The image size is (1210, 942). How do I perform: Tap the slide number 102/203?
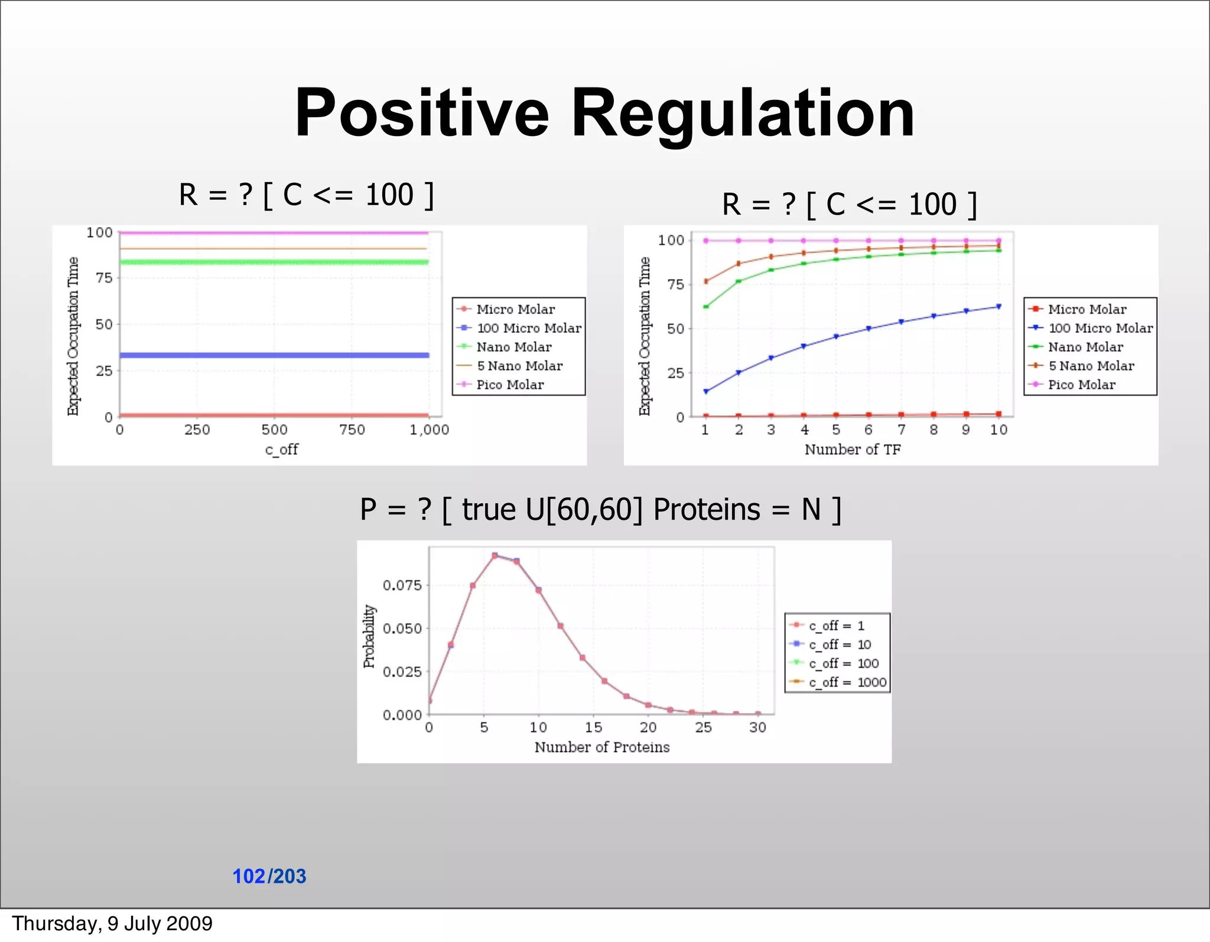[269, 876]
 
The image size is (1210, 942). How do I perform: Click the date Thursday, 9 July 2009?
[112, 924]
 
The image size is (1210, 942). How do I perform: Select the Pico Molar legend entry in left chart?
[509, 385]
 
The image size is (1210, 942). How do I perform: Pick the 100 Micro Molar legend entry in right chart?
[1100, 328]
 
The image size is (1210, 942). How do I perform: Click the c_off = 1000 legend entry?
[847, 682]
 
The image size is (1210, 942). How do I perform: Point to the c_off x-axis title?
[281, 449]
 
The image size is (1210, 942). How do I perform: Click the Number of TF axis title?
[852, 449]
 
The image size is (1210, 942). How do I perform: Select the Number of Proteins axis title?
[601, 747]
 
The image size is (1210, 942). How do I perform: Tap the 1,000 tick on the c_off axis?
[429, 430]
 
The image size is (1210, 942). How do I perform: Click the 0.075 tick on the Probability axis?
[402, 585]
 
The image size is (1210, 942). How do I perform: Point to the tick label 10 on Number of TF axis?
[998, 430]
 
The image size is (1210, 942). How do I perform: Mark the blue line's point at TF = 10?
[998, 306]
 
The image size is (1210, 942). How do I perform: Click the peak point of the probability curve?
[495, 556]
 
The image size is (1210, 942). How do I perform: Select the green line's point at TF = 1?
[706, 306]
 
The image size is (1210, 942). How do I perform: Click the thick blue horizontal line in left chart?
[274, 355]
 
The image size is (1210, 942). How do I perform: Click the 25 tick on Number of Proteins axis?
[703, 727]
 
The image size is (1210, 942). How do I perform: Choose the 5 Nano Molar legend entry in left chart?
[519, 366]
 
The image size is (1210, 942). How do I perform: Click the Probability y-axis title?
[369, 636]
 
